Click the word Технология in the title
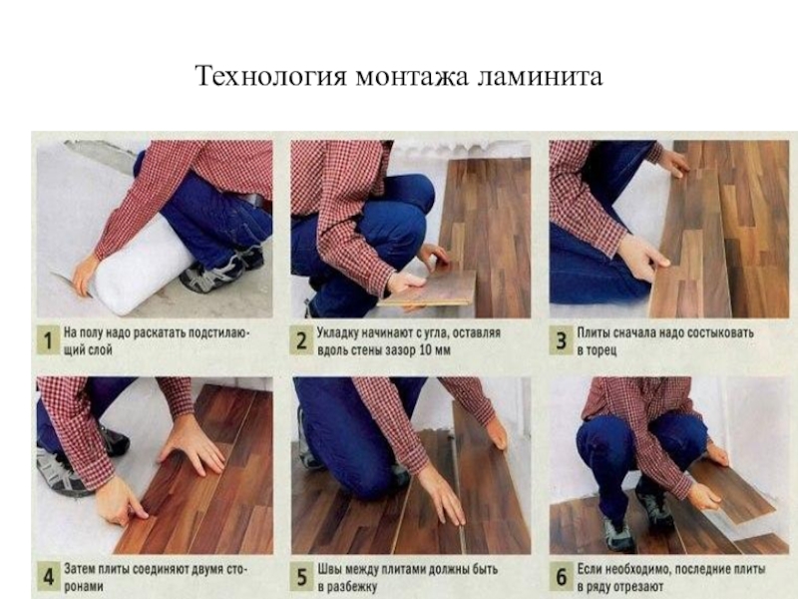pos(270,77)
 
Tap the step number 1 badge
pos(48,340)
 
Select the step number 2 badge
pos(301,340)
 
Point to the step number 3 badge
pos(561,340)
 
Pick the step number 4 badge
pos(48,577)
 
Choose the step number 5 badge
pos(301,577)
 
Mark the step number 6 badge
pos(561,577)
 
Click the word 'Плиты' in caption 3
pos(593,333)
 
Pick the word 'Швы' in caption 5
pos(329,569)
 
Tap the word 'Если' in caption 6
pos(590,569)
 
